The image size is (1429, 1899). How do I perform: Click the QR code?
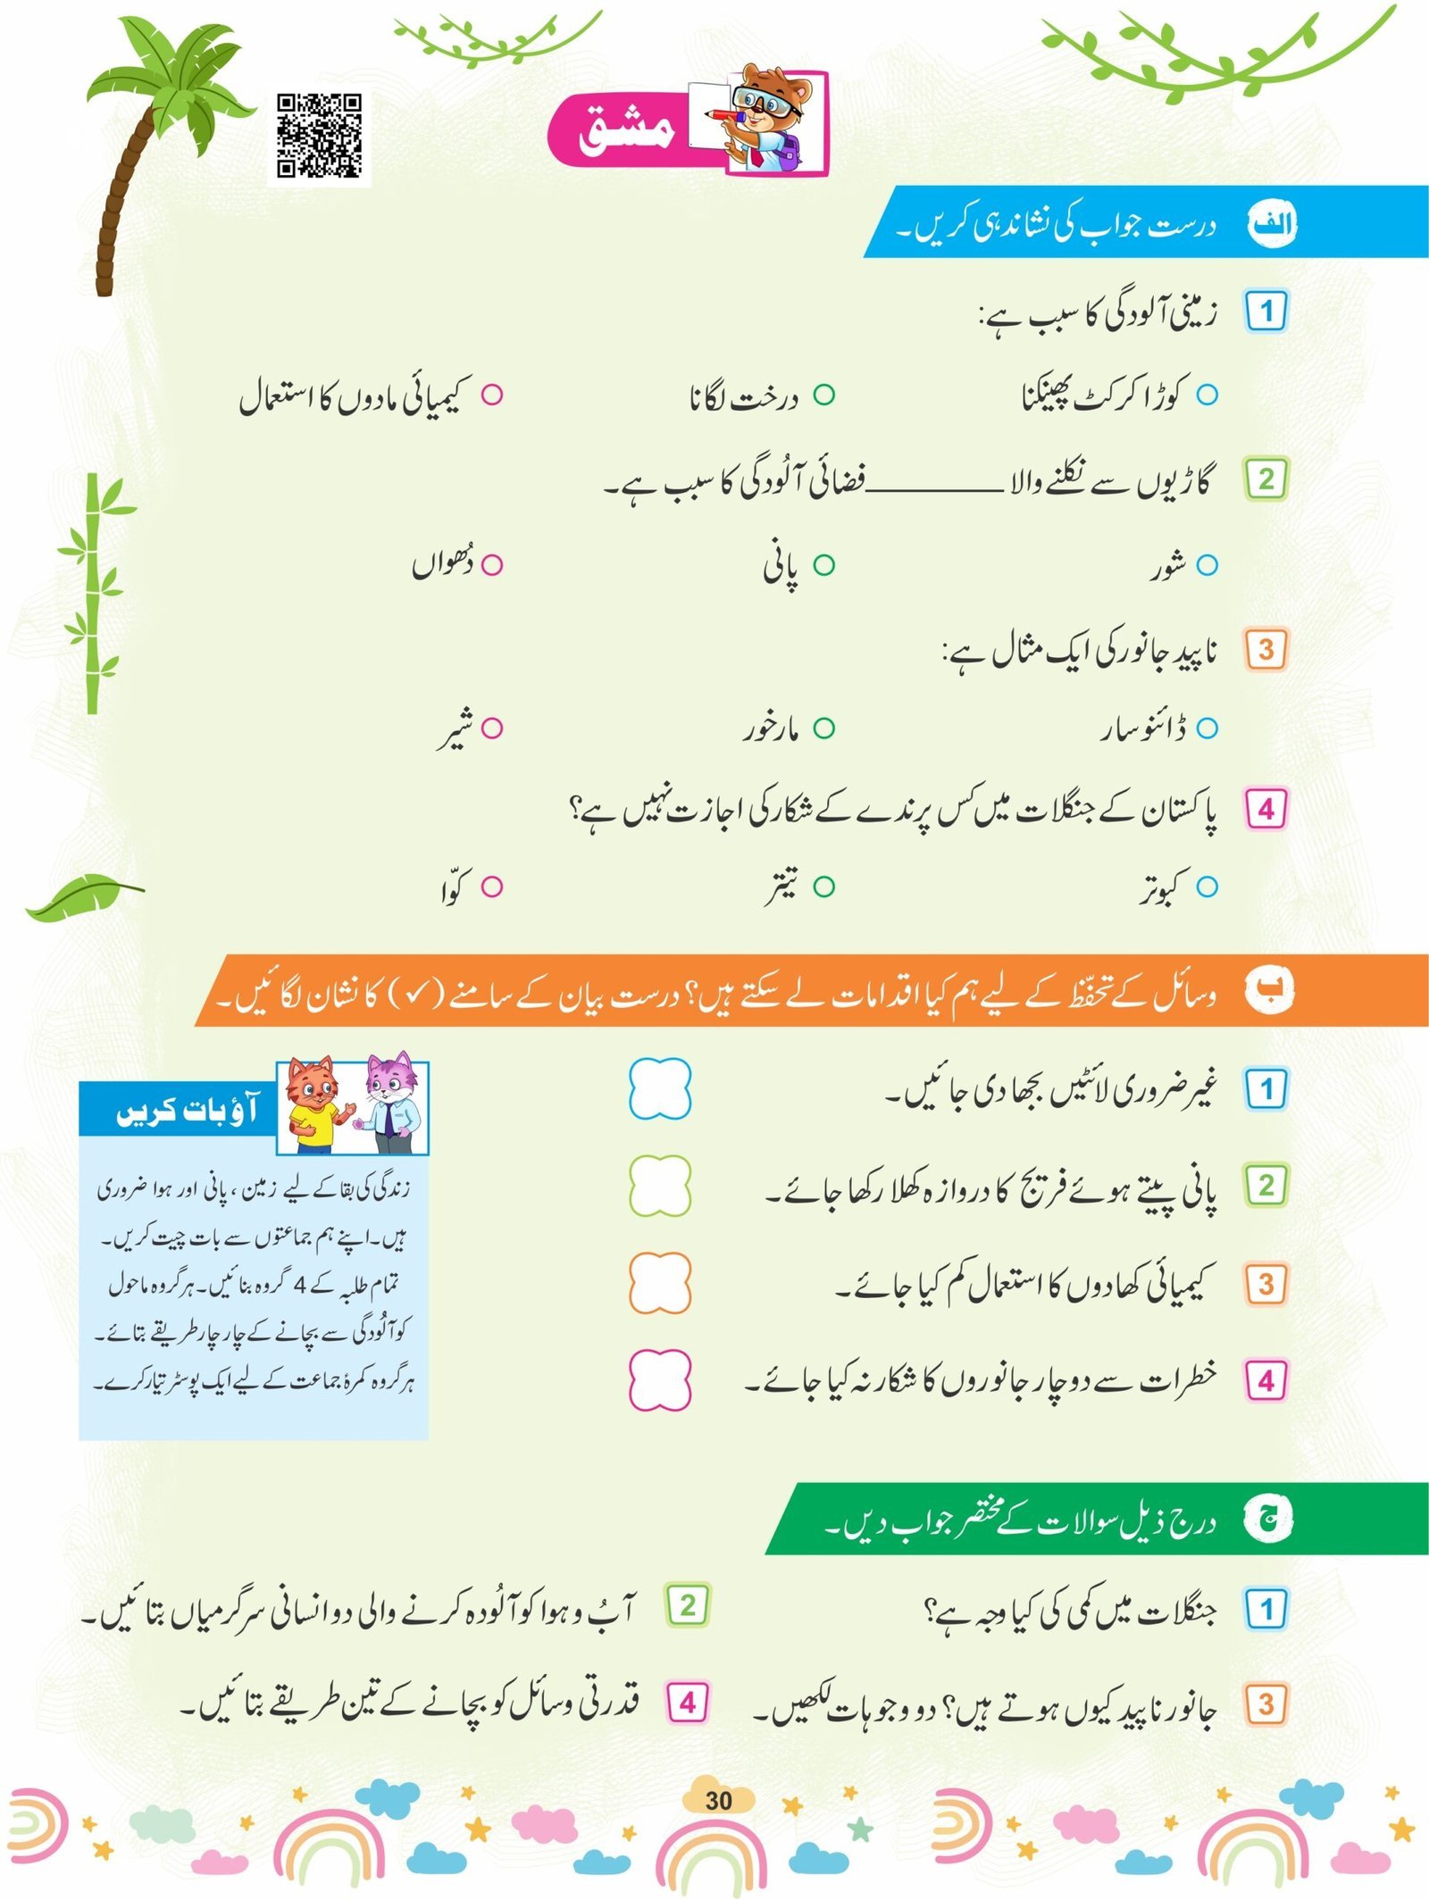[x=319, y=136]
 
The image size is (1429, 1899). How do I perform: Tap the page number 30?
[x=718, y=1800]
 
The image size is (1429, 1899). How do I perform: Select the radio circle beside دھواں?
[x=492, y=565]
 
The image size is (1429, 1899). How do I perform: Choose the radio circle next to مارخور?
[x=823, y=729]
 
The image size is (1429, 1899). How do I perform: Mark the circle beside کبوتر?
[x=1207, y=887]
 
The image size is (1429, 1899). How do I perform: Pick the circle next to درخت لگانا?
[x=823, y=395]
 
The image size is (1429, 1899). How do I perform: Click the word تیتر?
[x=781, y=887]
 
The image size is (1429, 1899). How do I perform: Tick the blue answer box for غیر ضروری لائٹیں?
[x=660, y=1089]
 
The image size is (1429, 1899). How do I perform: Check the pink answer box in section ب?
[x=660, y=1380]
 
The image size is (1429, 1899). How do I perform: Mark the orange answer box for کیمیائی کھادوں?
[x=660, y=1284]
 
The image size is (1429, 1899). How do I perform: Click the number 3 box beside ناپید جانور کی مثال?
[x=1266, y=650]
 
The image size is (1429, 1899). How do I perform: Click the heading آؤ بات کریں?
[x=186, y=1111]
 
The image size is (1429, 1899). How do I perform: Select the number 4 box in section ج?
[x=687, y=1703]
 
